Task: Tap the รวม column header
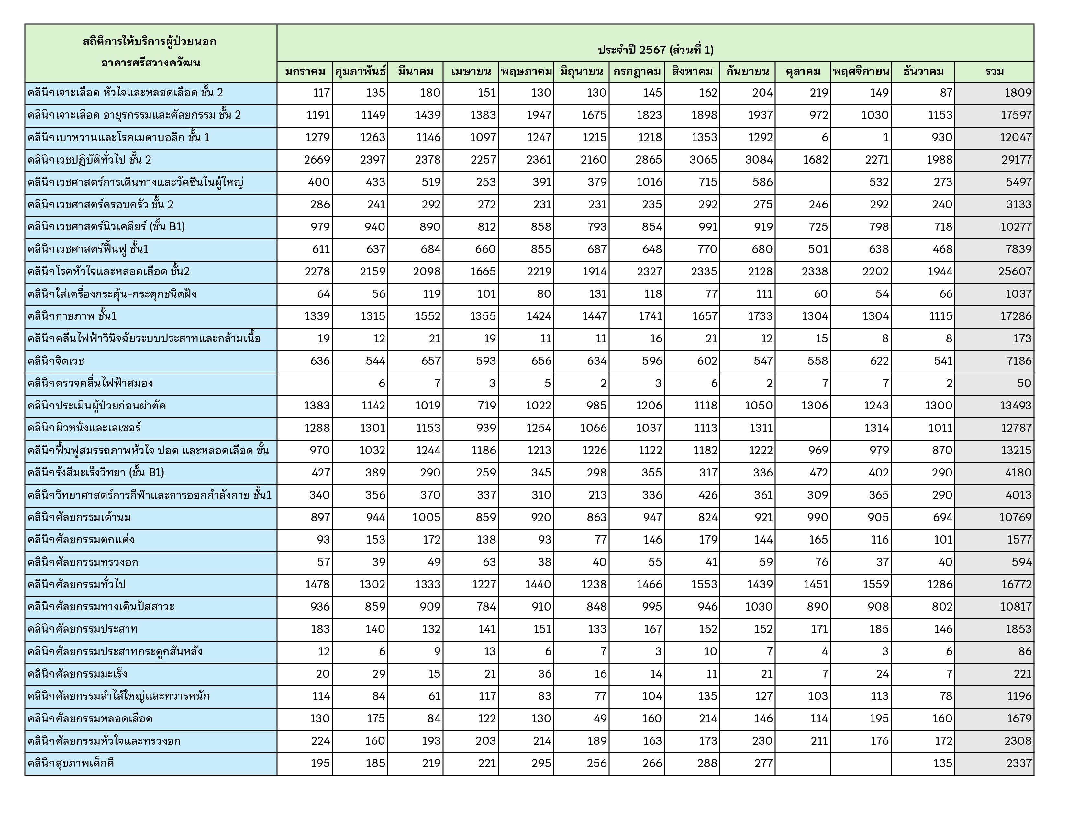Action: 994,72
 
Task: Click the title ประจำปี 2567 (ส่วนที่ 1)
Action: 655,50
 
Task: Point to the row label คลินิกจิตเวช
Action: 56,361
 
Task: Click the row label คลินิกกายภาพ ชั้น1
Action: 72,316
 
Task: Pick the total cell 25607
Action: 1015,271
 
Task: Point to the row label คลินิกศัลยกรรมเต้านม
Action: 79,518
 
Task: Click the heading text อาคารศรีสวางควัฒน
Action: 150,63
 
